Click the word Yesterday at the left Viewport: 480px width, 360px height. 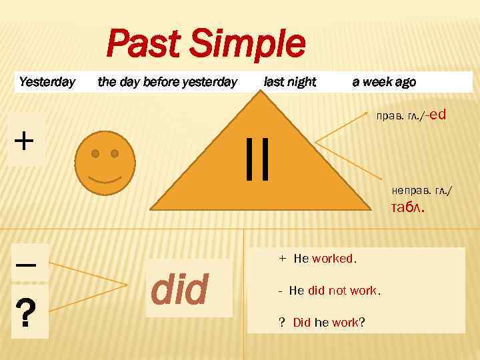47,82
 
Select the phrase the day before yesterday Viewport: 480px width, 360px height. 167,82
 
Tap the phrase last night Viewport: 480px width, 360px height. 290,82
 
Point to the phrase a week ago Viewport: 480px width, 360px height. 384,82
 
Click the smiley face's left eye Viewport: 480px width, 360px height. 96,154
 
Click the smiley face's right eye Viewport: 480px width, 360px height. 115,154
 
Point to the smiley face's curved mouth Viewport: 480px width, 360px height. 105,179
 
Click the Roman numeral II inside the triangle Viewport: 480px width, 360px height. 257,159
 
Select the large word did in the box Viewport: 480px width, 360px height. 180,288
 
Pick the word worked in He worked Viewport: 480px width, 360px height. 333,259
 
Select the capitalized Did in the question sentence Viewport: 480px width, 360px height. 302,323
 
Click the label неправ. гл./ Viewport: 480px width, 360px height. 421,191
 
